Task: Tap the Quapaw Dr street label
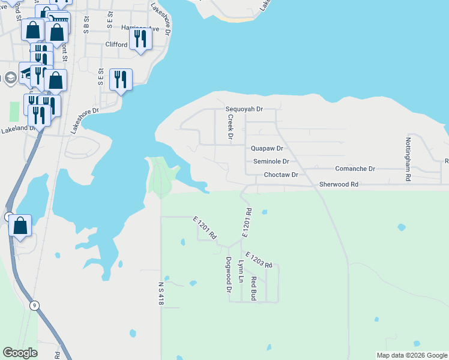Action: point(267,148)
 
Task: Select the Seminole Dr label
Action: point(271,161)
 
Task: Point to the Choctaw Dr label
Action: point(281,175)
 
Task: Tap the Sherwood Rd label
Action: point(339,185)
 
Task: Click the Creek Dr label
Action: point(230,127)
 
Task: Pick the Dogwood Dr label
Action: point(229,275)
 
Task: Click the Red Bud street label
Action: point(254,288)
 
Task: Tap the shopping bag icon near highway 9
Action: point(20,226)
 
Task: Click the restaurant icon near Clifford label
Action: point(140,39)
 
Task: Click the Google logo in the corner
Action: point(20,353)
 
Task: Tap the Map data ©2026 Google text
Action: point(412,355)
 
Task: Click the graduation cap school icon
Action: point(10,77)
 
